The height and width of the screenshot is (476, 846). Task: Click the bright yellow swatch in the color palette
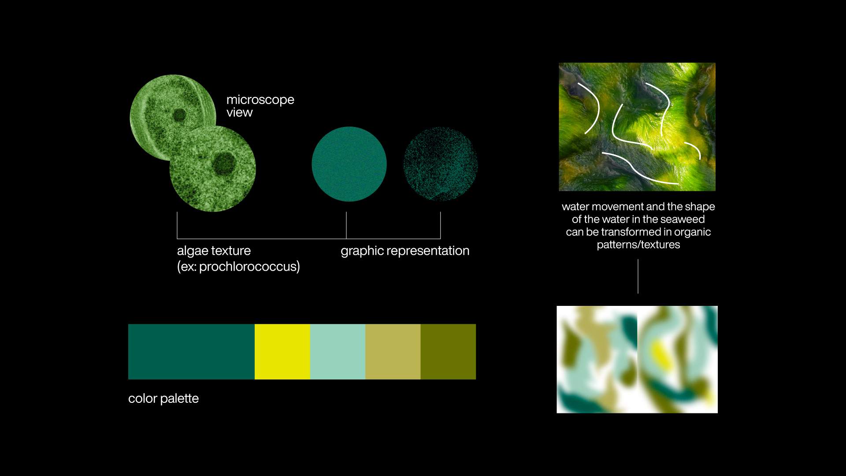282,352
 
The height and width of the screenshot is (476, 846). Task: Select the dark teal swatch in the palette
191,352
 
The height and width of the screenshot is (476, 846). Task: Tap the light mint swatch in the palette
338,352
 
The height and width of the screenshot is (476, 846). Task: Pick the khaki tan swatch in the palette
393,352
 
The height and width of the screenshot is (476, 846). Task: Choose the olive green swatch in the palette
448,352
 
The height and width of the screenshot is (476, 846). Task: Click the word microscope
260,100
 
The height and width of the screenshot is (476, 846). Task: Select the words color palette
163,398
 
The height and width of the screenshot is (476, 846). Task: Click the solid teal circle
349,164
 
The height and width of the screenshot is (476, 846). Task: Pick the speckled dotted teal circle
441,164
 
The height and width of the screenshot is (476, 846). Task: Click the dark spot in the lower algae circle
224,164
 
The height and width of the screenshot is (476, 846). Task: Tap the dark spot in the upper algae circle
179,115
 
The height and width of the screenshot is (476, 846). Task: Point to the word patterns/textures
638,245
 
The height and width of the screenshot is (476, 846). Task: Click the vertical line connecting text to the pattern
638,276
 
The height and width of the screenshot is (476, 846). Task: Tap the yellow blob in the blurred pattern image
661,355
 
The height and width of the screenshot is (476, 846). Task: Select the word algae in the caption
195,251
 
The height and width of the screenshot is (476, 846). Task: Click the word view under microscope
240,113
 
